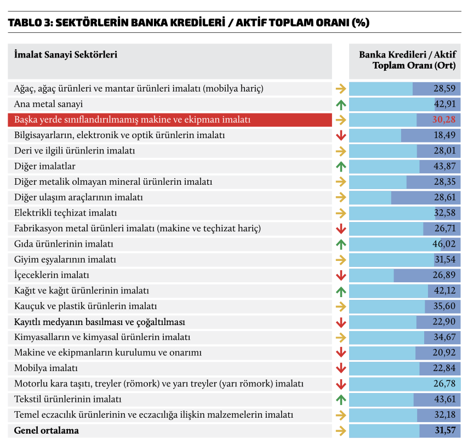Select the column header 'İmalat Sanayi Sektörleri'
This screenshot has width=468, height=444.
coord(66,54)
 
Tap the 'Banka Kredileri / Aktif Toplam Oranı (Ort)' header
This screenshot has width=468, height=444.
coord(408,60)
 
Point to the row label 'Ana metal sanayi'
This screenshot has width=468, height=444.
coord(49,104)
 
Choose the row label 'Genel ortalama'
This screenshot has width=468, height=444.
coord(47,430)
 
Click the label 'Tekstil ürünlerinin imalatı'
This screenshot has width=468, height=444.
coord(68,400)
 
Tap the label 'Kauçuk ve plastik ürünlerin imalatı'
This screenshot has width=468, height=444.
coord(85,306)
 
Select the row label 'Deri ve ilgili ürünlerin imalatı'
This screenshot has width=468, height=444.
coord(75,150)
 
